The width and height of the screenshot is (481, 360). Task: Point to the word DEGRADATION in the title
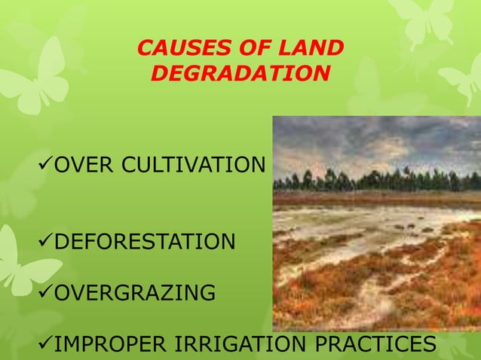pos(240,75)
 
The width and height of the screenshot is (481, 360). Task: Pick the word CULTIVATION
pos(196,165)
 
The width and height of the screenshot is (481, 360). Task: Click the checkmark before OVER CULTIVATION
pos(44,165)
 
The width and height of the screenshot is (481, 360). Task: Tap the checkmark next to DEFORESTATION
pos(44,243)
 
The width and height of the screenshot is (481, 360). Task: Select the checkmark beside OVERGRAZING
pos(44,293)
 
